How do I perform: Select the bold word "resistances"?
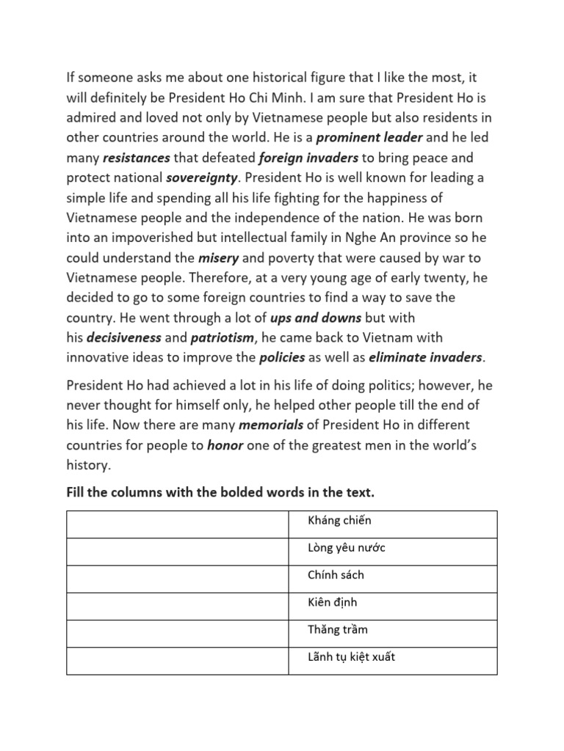[x=137, y=158]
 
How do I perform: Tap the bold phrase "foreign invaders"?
[x=309, y=158]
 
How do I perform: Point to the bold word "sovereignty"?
[x=203, y=178]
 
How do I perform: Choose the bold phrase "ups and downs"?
[x=317, y=318]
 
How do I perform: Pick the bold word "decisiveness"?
[x=124, y=338]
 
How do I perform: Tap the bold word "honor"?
[x=225, y=445]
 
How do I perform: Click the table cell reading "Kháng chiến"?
[x=392, y=524]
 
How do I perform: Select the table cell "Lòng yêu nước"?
[x=392, y=552]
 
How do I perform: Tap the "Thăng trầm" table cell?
[x=392, y=633]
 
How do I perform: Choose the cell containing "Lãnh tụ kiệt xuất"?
[x=392, y=660]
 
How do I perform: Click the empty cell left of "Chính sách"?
[x=177, y=579]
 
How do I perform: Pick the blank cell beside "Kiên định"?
[x=177, y=606]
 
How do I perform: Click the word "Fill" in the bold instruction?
[x=76, y=494]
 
